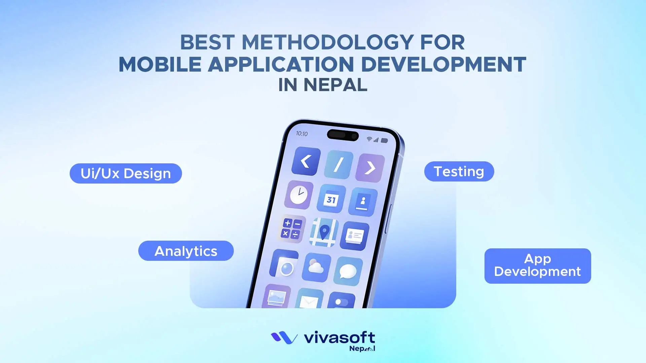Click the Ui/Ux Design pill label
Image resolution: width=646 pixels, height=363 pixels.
[125, 173]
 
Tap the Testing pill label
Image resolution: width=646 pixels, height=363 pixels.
[459, 171]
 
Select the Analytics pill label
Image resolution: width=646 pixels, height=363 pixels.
[186, 251]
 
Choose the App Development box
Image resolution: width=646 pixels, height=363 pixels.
[537, 266]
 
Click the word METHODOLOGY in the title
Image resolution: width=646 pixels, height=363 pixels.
[327, 42]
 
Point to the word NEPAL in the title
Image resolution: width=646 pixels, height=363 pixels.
[335, 85]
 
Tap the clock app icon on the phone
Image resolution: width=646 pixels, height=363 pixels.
[299, 195]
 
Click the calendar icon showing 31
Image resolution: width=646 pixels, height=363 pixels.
[331, 199]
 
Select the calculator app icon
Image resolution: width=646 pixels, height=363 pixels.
[291, 229]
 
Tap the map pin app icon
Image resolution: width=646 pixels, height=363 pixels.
[324, 232]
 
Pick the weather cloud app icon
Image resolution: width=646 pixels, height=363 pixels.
[316, 268]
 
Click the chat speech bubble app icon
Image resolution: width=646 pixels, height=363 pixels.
[348, 271]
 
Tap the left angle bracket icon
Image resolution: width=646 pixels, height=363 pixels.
[306, 161]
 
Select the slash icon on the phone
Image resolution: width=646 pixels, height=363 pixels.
[338, 164]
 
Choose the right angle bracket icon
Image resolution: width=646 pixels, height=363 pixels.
[370, 168]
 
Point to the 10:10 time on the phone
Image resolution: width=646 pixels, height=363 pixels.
[302, 133]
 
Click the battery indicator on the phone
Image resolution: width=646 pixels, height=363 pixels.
[384, 140]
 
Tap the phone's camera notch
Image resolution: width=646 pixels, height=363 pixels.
[343, 135]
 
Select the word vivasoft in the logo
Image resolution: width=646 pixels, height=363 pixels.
[339, 337]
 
